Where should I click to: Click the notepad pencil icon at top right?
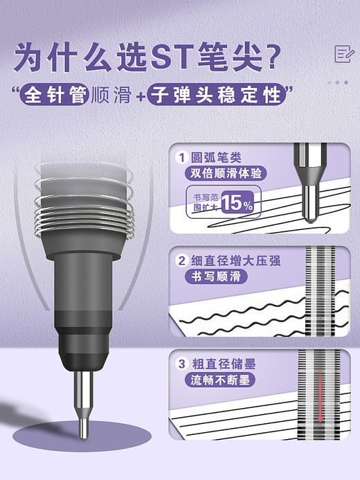click(341, 53)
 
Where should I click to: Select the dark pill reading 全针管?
click(54, 94)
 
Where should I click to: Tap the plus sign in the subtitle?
click(140, 95)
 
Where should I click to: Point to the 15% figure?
click(237, 204)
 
